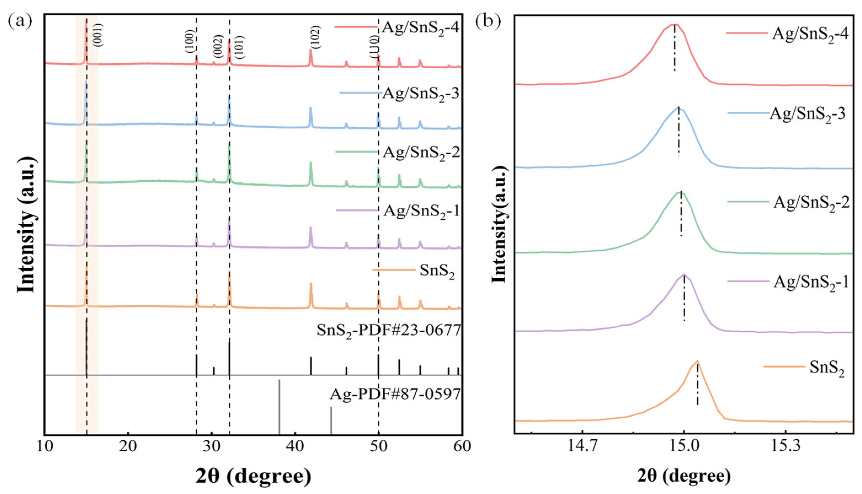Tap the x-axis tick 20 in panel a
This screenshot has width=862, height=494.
128,447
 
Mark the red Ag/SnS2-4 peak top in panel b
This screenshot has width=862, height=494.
674,34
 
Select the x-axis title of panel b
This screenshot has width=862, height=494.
684,476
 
